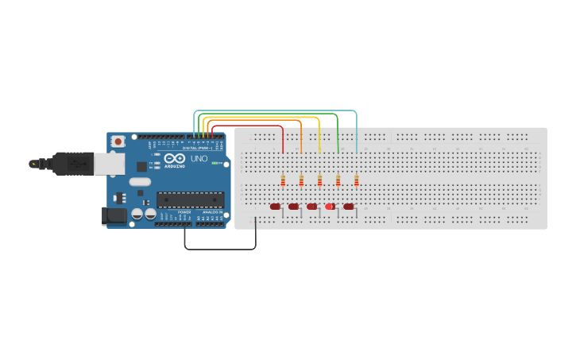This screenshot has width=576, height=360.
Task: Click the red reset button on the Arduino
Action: tap(118, 141)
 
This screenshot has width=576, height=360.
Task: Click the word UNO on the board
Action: tap(199, 159)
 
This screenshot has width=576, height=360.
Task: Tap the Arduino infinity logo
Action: tap(175, 158)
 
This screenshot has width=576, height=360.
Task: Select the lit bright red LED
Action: tap(330, 207)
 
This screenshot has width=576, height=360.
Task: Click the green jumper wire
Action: tap(338, 131)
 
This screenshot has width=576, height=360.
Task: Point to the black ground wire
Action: tap(220, 249)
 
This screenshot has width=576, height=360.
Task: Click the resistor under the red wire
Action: tap(283, 181)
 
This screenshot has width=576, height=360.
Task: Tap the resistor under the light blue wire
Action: tap(356, 181)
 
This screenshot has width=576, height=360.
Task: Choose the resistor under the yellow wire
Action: tap(319, 181)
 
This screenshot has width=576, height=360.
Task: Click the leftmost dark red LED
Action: tap(275, 207)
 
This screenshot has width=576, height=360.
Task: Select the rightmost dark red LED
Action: tap(348, 207)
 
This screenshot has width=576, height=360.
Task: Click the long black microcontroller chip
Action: tap(190, 199)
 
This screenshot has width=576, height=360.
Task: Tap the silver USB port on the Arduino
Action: tap(109, 164)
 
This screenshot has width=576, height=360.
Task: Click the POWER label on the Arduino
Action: tap(184, 212)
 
